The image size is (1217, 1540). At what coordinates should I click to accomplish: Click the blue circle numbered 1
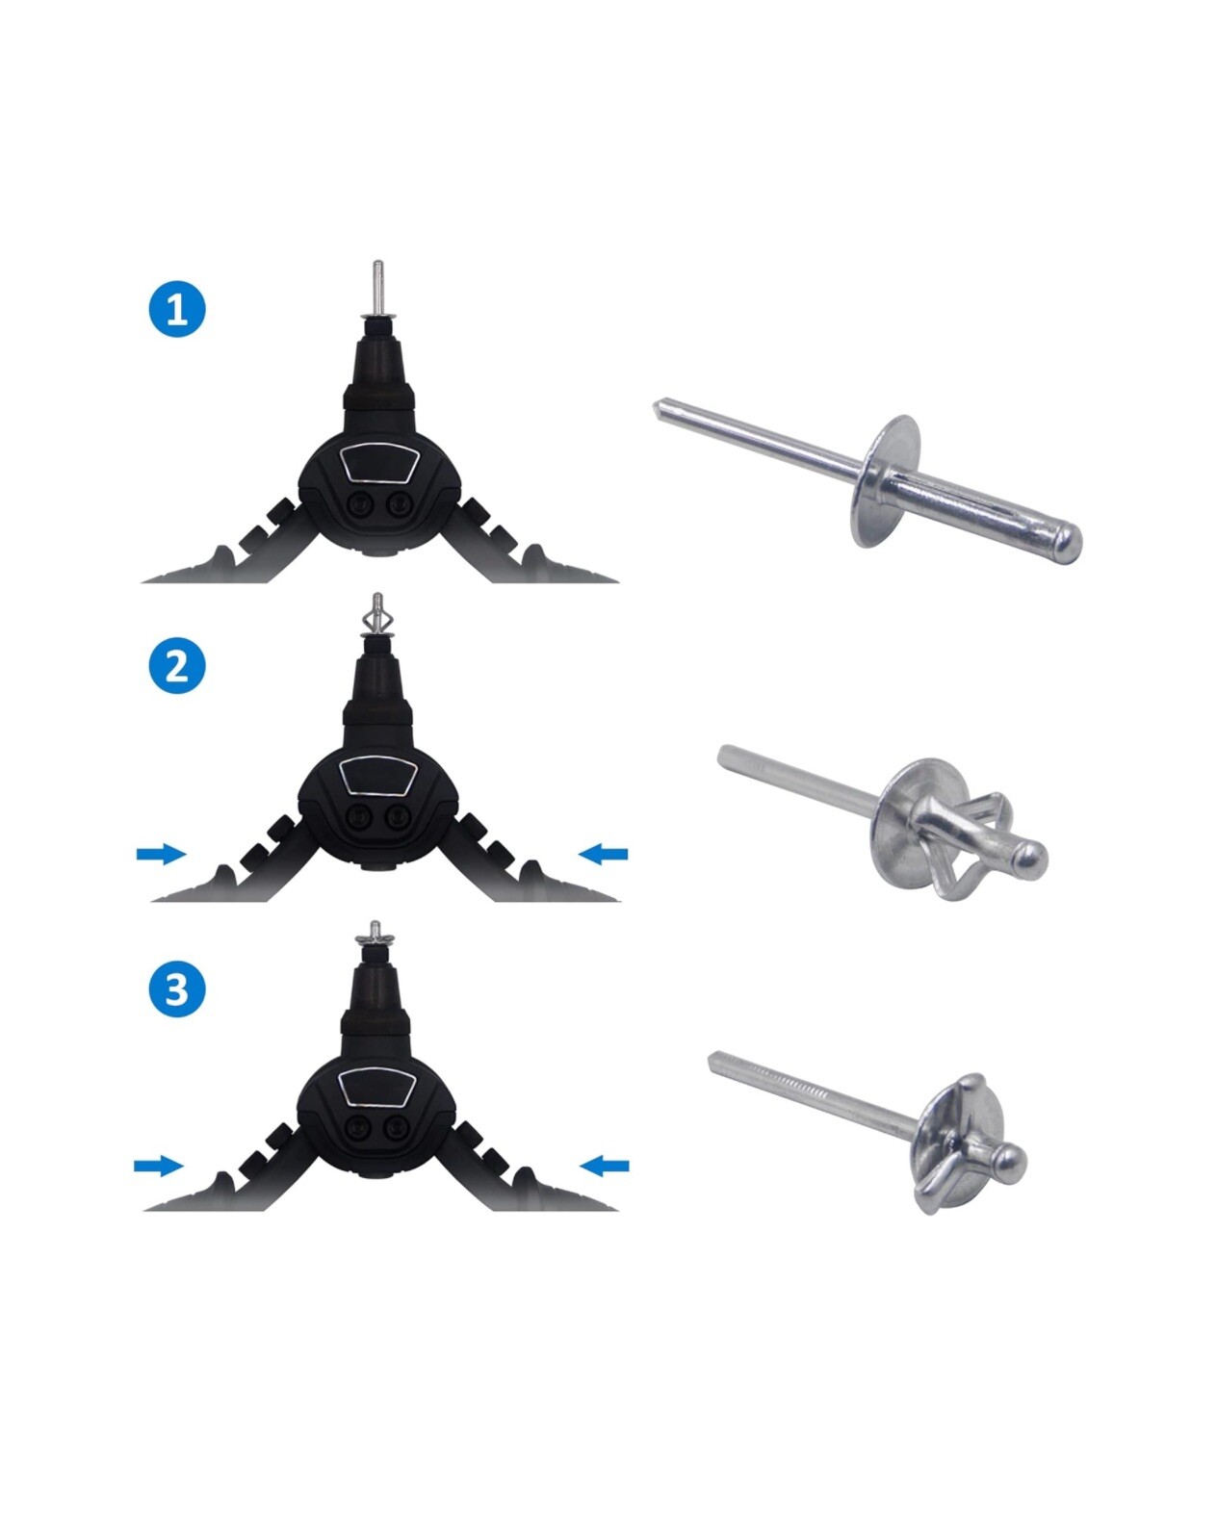[x=177, y=310]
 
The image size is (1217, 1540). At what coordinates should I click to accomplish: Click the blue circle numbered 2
[x=177, y=665]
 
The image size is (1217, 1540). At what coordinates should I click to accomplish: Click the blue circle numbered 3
[x=177, y=988]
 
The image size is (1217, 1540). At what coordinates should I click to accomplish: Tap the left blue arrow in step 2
[x=161, y=854]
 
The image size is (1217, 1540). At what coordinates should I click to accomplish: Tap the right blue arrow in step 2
[x=604, y=854]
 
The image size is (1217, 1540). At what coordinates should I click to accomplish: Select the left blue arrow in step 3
[x=158, y=1167]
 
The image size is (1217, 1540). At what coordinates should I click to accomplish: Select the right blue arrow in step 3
[x=605, y=1167]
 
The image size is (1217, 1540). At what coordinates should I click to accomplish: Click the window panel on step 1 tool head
[x=379, y=465]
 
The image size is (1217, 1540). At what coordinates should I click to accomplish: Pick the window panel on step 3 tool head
[x=379, y=1089]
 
